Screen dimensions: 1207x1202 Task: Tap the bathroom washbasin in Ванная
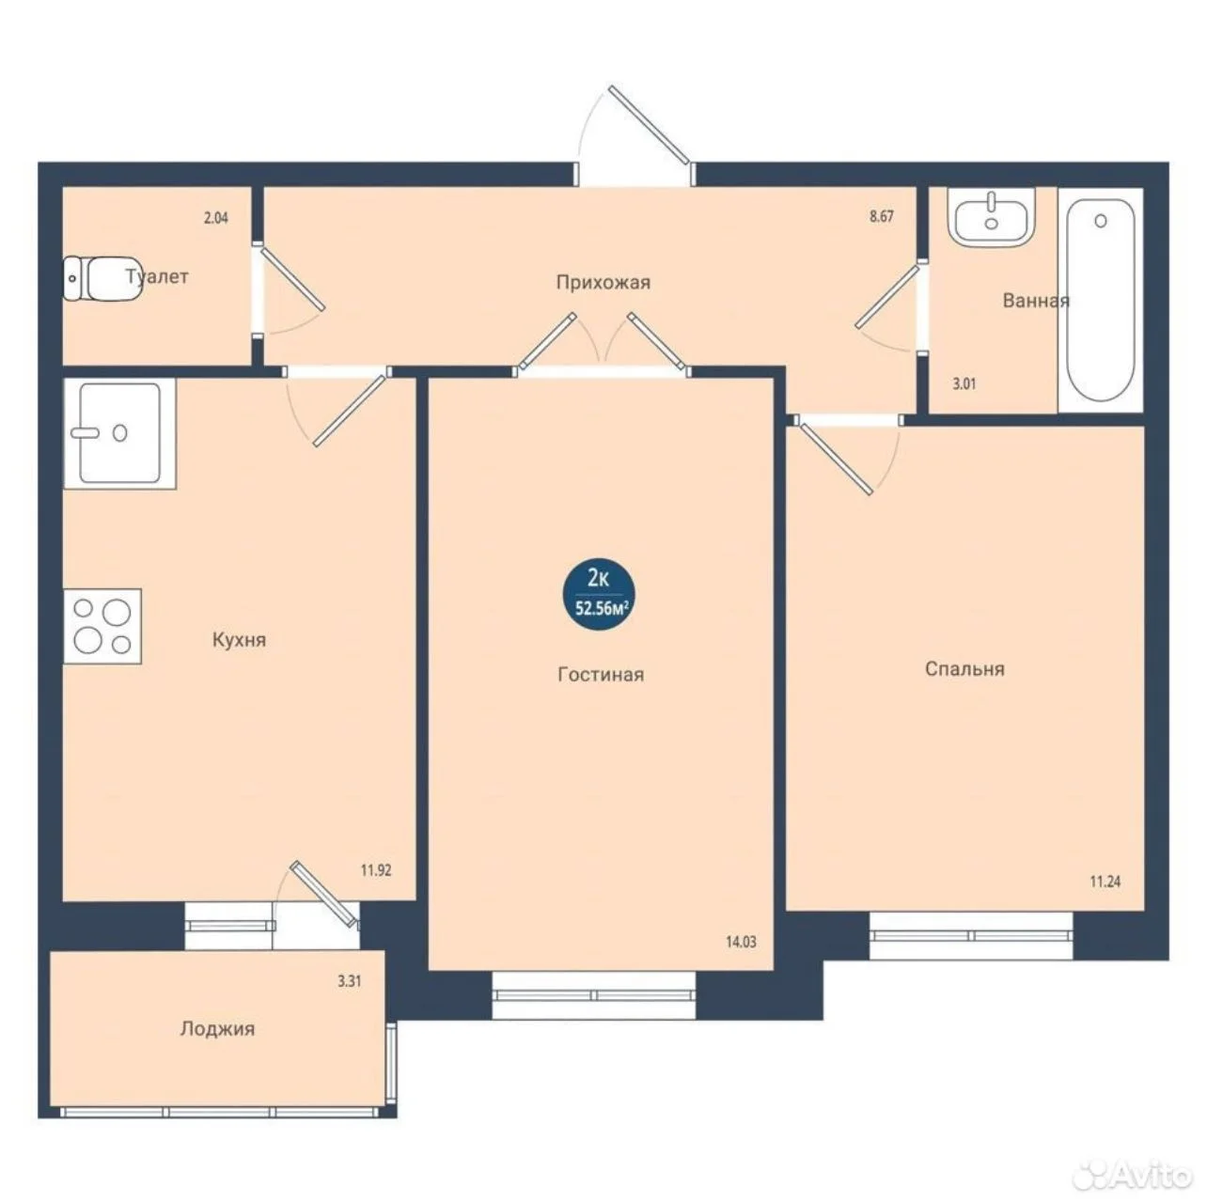pos(991,217)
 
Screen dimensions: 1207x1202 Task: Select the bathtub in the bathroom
pos(1101,300)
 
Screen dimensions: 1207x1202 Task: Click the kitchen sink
pos(119,433)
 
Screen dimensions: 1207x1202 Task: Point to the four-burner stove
pos(102,626)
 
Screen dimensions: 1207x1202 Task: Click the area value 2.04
pos(216,218)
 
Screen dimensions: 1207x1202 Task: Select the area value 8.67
pos(882,216)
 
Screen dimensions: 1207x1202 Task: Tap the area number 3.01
pos(964,384)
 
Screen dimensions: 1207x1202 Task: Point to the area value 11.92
pos(376,870)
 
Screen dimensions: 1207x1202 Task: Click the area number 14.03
pos(741,942)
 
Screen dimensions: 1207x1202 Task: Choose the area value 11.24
pos(1105,882)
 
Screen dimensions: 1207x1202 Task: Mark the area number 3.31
pos(350,981)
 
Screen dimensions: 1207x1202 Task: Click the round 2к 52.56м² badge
pos(600,595)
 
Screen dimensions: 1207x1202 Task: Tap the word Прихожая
pos(603,283)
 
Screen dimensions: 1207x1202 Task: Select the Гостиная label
pos(601,675)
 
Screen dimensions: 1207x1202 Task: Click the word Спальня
pos(964,669)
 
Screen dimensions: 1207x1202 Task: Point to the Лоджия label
pos(217,1029)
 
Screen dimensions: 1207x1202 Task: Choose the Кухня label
pos(240,640)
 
